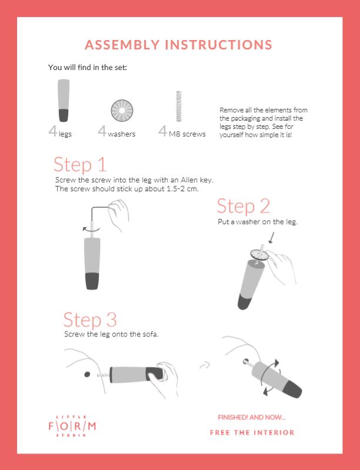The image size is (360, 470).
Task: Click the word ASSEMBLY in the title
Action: pyautogui.click(x=122, y=45)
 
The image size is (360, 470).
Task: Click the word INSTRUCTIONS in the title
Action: pyautogui.click(x=218, y=45)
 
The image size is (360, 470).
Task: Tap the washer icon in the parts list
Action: pyautogui.click(x=122, y=111)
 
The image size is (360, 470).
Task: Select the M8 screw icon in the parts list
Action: pyautogui.click(x=179, y=106)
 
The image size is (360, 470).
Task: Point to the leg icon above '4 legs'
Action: pyautogui.click(x=64, y=101)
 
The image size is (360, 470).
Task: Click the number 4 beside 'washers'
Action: pyautogui.click(x=102, y=131)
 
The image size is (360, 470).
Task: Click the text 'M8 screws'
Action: pyautogui.click(x=187, y=134)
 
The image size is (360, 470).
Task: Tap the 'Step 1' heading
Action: pyautogui.click(x=80, y=164)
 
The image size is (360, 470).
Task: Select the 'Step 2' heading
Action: pyautogui.click(x=243, y=206)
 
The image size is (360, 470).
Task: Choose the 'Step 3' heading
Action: pyautogui.click(x=90, y=319)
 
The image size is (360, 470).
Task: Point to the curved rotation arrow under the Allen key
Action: pyautogui.click(x=91, y=230)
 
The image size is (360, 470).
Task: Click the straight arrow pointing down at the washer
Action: pyautogui.click(x=272, y=237)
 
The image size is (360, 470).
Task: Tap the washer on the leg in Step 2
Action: pyautogui.click(x=259, y=255)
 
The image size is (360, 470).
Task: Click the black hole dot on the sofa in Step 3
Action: pyautogui.click(x=87, y=374)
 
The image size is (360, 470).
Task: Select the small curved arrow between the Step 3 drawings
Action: pyautogui.click(x=205, y=365)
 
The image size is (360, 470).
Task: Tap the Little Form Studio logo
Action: pyautogui.click(x=72, y=426)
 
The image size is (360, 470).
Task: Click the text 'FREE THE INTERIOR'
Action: pyautogui.click(x=252, y=432)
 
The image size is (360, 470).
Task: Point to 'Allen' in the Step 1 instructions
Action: pyautogui.click(x=189, y=180)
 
